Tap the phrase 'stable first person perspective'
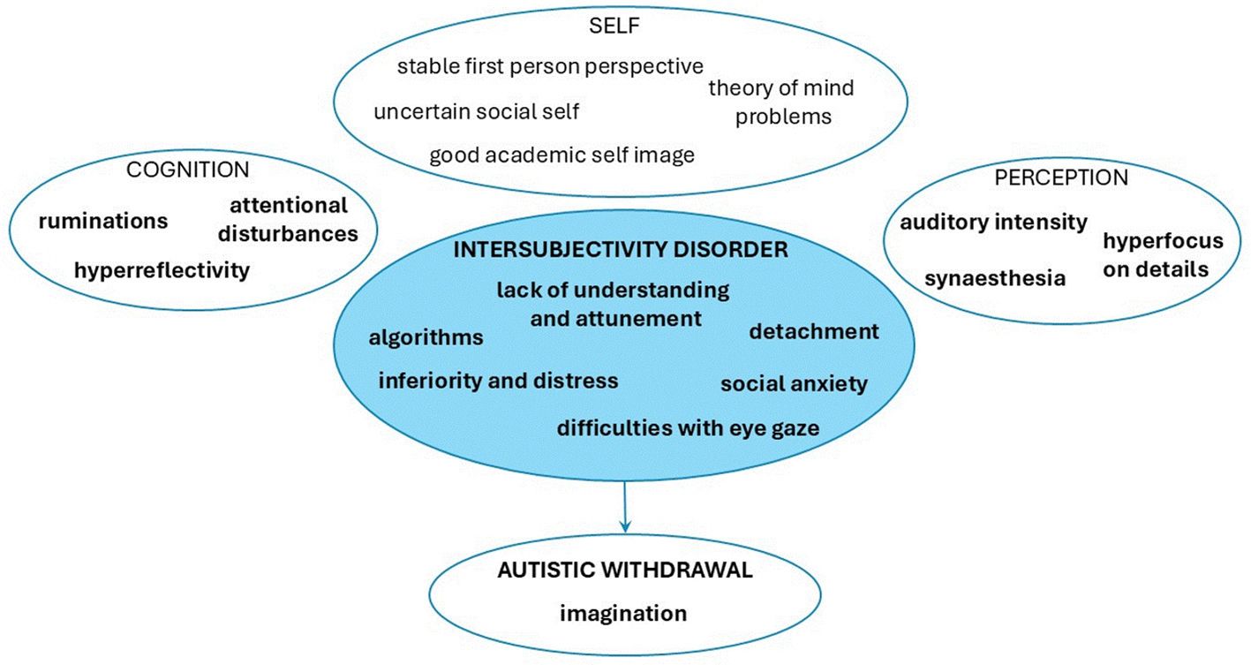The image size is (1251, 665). point(550,66)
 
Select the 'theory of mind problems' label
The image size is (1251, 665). point(781,102)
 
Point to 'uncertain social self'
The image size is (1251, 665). point(477,112)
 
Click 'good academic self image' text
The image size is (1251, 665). point(561,155)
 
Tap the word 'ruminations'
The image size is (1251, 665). point(102,221)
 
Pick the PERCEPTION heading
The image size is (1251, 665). point(1061,178)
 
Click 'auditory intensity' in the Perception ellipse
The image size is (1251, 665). point(993,222)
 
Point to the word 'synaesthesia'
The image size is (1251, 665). point(995,278)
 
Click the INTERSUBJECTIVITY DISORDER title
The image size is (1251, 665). point(620,250)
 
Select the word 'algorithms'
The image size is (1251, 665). point(426,337)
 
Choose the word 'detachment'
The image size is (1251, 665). point(814,331)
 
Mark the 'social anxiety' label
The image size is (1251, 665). point(794,384)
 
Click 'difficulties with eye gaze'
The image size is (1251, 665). point(688,428)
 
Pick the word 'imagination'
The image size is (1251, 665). point(622,612)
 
